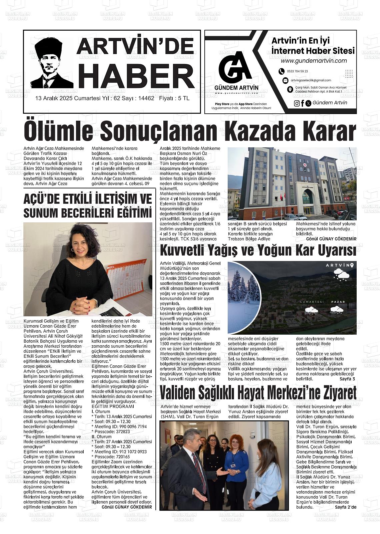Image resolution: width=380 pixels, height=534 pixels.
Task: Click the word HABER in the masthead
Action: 138,76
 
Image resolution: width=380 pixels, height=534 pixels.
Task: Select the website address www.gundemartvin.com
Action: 313,61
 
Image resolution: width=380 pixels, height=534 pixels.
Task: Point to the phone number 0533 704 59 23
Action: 297,71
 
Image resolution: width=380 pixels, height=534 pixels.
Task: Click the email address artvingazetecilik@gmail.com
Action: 311,80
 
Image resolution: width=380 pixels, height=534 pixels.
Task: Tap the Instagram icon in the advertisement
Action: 297,103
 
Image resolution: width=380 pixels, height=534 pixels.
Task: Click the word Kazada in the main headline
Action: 261,132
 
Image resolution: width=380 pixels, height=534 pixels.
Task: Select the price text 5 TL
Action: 184,99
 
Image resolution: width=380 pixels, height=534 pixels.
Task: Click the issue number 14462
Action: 146,99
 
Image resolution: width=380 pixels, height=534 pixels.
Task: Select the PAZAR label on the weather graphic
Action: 338,302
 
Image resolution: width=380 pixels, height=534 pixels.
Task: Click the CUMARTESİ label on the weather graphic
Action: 312,302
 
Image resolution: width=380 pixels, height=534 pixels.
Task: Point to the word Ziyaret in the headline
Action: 336,393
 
